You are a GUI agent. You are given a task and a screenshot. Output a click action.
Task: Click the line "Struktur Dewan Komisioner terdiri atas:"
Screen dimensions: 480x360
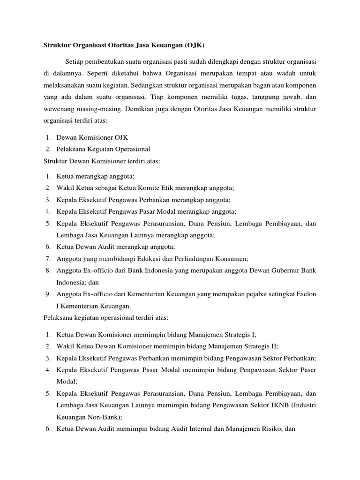(102, 161)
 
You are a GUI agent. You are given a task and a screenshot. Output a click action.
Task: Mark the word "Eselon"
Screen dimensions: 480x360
(306, 294)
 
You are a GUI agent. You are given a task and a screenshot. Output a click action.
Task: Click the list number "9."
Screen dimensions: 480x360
(49, 294)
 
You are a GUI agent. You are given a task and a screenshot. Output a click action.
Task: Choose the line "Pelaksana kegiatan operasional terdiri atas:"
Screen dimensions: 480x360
(109, 318)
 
